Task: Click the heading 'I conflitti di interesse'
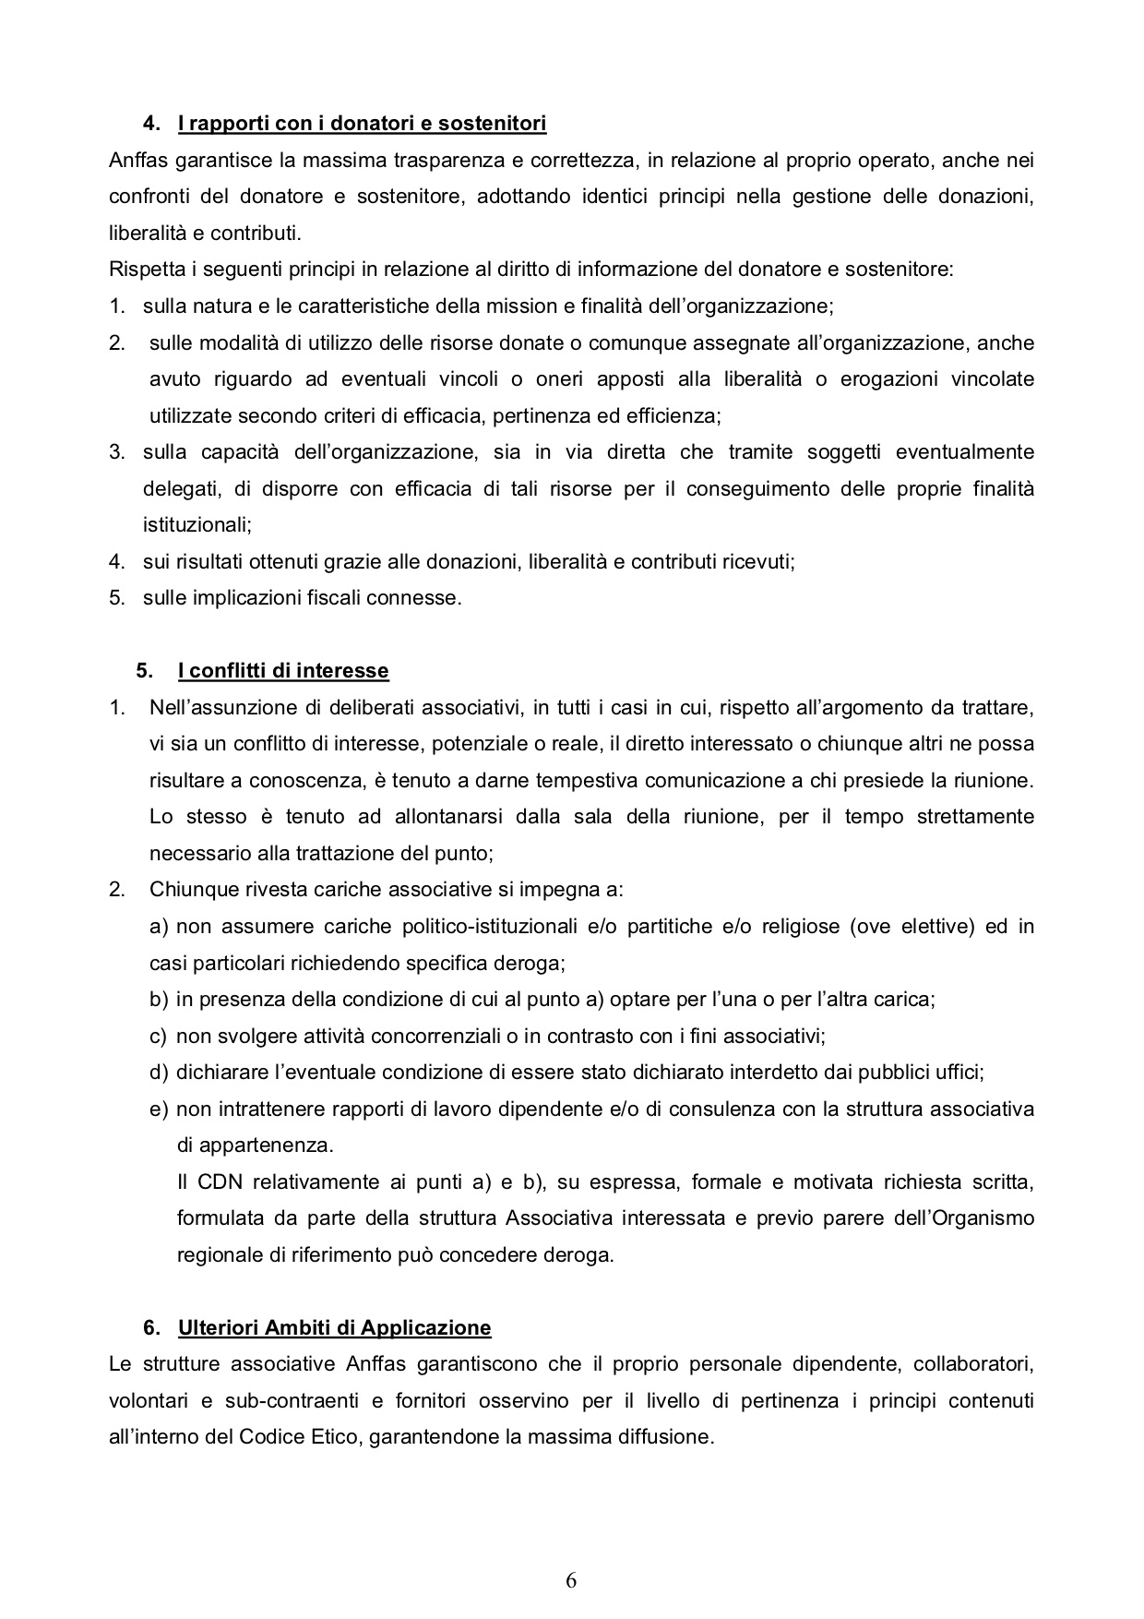283,671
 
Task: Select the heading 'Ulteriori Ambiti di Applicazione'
334,1328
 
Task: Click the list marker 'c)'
159,1036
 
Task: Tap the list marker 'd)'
159,1073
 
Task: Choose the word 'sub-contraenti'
298,1401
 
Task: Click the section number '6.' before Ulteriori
152,1328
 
